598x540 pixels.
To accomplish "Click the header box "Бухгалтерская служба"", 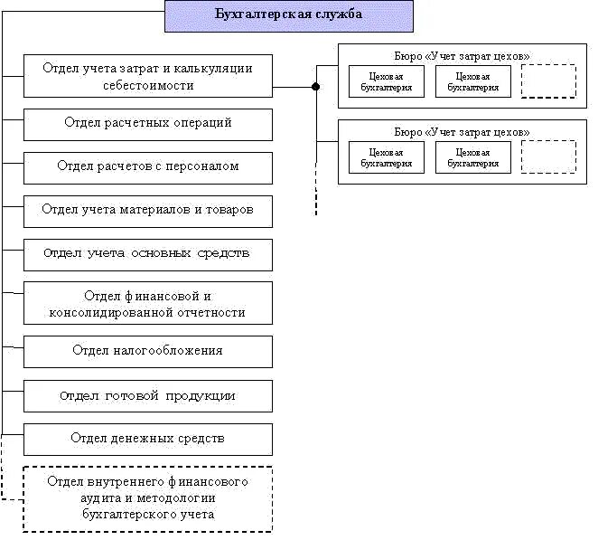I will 289,15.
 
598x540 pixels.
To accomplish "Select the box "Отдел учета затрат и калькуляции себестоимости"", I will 147,77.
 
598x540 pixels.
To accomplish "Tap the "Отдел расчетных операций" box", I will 147,124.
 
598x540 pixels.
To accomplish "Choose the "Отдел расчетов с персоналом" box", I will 147,167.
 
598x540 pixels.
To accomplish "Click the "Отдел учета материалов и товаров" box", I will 147,210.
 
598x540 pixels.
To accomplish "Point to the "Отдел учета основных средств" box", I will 147,254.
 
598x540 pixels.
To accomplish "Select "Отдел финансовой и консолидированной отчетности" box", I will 147,305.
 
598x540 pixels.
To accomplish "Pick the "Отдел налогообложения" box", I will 147,351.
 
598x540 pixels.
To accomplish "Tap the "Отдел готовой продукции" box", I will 147,396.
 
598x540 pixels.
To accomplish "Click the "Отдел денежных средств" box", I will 147,439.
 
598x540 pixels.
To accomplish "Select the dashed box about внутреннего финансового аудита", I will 147,498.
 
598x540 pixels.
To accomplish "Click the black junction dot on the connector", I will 315,88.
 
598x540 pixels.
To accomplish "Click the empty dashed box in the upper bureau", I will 548,81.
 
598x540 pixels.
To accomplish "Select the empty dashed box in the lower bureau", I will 548,156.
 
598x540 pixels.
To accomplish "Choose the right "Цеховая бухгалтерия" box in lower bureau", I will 472,157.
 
